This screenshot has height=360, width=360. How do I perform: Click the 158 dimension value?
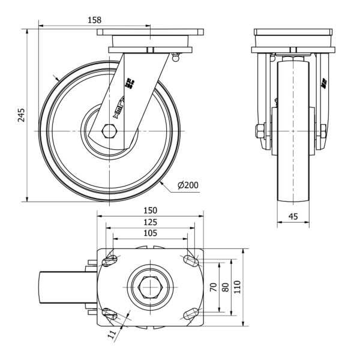pyautogui.click(x=94, y=20)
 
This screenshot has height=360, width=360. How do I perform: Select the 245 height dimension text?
pyautogui.click(x=21, y=115)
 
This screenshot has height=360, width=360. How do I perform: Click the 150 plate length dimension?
pyautogui.click(x=150, y=211)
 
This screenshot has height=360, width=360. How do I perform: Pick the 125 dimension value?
pyautogui.click(x=150, y=221)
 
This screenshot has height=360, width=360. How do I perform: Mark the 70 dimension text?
pyautogui.click(x=212, y=287)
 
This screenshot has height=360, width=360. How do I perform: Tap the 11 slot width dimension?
pyautogui.click(x=112, y=337)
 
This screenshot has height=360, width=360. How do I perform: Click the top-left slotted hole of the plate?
pyautogui.click(x=110, y=260)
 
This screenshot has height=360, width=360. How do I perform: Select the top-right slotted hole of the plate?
pyautogui.click(x=190, y=260)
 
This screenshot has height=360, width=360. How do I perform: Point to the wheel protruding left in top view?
pyautogui.click(x=64, y=288)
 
